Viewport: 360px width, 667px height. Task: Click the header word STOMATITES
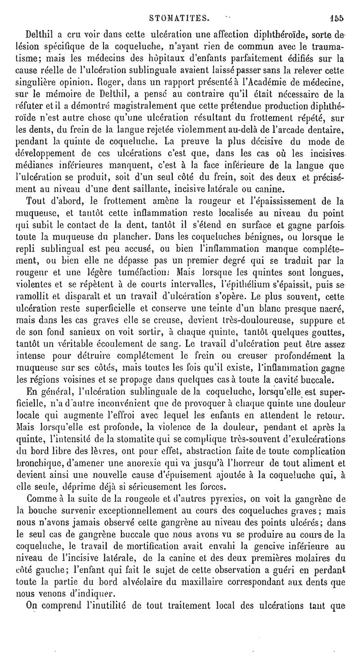tap(180, 18)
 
